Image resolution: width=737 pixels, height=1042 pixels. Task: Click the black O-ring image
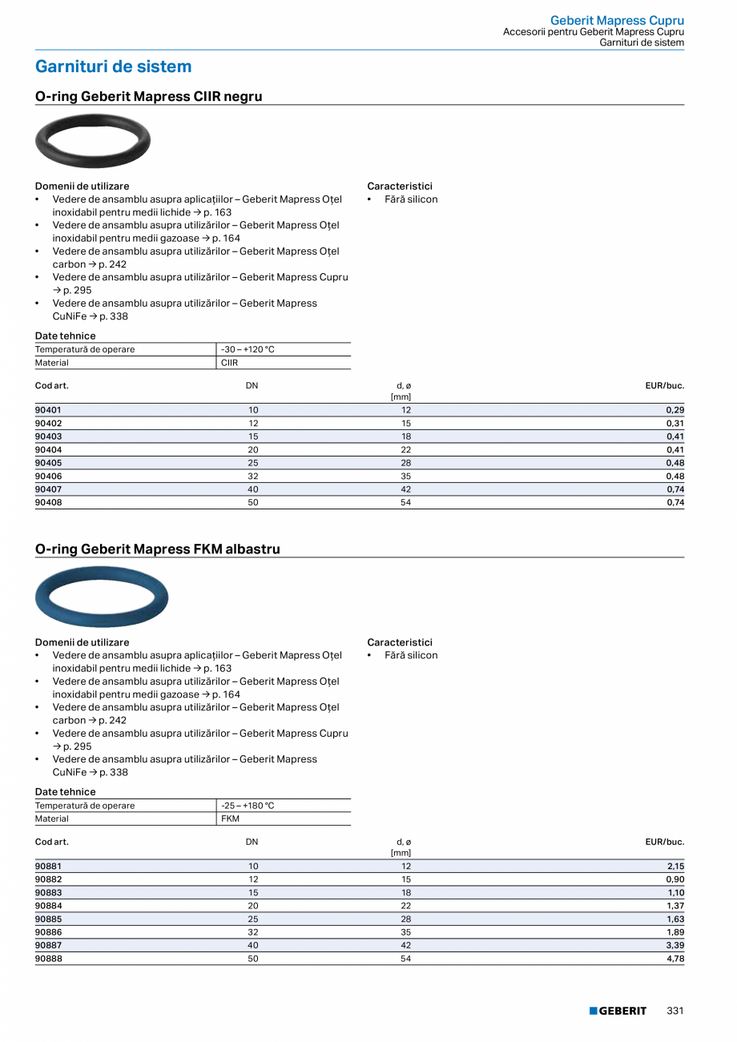[93, 142]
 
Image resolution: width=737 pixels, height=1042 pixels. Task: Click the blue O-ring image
[102, 597]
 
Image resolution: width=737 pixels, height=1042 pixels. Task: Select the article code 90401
[49, 410]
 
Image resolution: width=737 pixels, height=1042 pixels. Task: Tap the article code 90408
[49, 502]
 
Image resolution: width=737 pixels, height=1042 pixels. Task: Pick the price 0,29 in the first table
[675, 410]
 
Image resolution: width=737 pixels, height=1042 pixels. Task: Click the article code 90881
[49, 866]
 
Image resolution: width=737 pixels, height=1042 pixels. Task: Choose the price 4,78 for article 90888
[675, 958]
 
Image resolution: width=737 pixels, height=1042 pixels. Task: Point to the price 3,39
[675, 945]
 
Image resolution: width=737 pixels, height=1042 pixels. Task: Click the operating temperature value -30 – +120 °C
[248, 350]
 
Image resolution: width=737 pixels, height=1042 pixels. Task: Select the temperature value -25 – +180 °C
[248, 806]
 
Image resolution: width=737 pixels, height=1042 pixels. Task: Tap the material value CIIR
[230, 363]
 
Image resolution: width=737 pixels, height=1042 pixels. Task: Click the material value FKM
[230, 819]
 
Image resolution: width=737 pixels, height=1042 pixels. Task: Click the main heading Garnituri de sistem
[114, 66]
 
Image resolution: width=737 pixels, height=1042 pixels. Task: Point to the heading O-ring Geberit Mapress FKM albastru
[158, 549]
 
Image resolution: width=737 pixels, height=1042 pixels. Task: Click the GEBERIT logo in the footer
[618, 1011]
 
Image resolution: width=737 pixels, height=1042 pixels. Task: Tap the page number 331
[675, 1011]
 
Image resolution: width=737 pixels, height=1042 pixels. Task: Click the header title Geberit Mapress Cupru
[617, 21]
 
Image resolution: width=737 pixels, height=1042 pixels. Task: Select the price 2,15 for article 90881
[675, 866]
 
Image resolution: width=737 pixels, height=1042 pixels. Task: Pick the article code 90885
[49, 919]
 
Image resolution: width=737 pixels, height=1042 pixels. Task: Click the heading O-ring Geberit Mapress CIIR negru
[149, 97]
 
